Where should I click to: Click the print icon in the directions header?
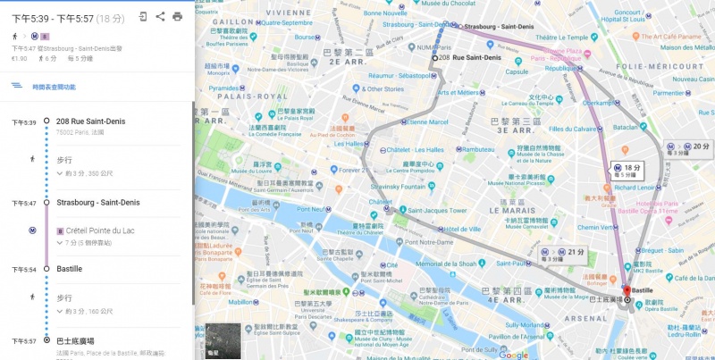click(x=177, y=16)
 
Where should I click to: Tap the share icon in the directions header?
click(x=160, y=16)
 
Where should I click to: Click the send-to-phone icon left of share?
click(x=143, y=16)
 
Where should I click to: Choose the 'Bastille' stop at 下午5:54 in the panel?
click(x=70, y=268)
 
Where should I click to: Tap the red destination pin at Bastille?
click(x=627, y=291)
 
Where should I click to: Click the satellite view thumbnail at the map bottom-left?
click(x=219, y=340)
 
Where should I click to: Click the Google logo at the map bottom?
click(x=513, y=354)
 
